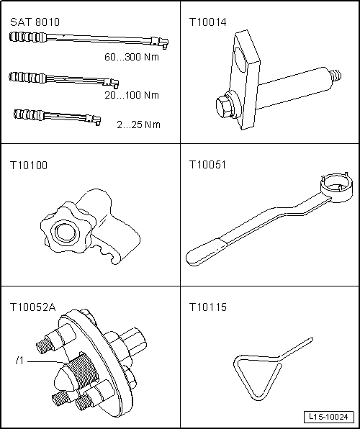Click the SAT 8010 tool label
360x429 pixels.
[35, 22]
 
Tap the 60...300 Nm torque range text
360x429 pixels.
[132, 57]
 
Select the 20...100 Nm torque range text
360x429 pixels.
[132, 95]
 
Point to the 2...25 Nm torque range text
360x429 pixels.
[138, 125]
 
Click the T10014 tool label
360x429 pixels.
[208, 22]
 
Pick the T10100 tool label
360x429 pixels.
[29, 166]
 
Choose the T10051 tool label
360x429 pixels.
[208, 165]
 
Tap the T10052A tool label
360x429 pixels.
[33, 307]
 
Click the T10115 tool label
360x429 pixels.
[208, 307]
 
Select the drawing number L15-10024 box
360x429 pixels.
[328, 417]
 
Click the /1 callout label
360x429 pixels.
[19, 361]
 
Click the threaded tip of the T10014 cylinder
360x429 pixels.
[336, 76]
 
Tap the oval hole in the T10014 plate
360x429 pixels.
[242, 60]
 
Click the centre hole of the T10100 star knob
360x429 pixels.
[66, 232]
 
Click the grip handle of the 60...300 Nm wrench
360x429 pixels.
[27, 37]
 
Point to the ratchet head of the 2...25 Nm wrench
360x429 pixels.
[94, 119]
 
